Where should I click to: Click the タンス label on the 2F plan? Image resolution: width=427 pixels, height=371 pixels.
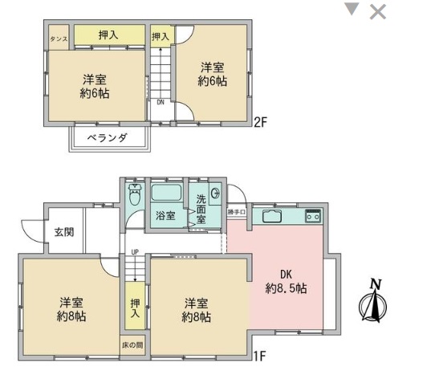tap(59, 39)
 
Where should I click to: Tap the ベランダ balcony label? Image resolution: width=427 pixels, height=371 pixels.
tap(108, 138)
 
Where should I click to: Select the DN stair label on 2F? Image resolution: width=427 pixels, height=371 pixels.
tap(161, 103)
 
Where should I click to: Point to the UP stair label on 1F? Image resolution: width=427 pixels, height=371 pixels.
tap(135, 252)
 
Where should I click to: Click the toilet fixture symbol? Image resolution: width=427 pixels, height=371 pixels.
tap(135, 194)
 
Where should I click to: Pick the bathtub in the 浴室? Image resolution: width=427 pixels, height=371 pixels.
tap(166, 193)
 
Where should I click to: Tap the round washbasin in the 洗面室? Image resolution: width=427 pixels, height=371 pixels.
tap(216, 194)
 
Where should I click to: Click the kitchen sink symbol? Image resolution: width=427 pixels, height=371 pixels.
tap(272, 216)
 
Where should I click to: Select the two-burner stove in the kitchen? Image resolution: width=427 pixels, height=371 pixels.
tap(313, 216)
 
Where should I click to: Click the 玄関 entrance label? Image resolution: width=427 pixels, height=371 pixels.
tap(64, 232)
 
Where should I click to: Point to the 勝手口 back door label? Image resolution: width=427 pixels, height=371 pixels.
tap(237, 212)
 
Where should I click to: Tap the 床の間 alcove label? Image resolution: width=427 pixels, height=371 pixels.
tap(132, 345)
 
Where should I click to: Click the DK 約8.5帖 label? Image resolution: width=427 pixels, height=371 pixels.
tap(286, 281)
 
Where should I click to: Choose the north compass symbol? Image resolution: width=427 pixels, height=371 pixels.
tap(372, 302)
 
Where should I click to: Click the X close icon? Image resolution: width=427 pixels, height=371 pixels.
tap(378, 12)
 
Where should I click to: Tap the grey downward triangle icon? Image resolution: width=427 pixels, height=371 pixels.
tap(352, 9)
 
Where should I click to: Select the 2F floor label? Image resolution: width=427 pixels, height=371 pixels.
tap(260, 122)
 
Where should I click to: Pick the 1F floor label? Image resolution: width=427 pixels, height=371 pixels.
tap(259, 356)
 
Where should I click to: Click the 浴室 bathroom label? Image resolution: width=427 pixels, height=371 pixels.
tap(165, 215)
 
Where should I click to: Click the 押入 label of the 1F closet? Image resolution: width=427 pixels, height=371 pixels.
tap(135, 308)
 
